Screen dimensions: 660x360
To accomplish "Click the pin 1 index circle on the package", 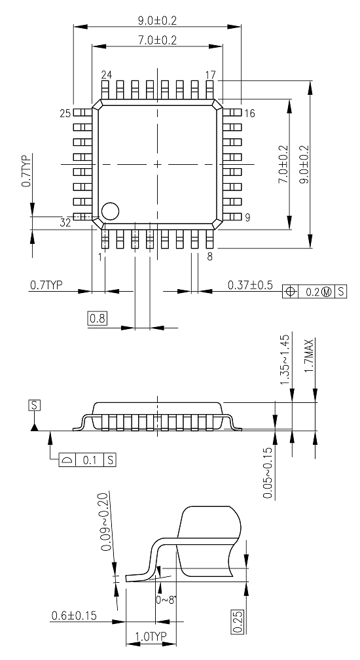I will [109, 211].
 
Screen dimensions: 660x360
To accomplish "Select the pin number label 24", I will [106, 75].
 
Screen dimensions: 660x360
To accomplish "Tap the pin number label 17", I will [209, 75].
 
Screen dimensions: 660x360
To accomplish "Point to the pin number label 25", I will [65, 114].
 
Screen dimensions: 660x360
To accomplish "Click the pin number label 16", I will [249, 113].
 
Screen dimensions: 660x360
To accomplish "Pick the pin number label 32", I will [65, 223].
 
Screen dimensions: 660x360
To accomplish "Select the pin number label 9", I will [248, 218].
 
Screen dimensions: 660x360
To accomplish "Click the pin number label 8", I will [209, 256].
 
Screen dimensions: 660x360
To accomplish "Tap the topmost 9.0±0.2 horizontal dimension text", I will [157, 21].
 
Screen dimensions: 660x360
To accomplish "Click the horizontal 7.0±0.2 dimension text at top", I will [157, 40].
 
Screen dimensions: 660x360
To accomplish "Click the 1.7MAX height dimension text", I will [315, 355].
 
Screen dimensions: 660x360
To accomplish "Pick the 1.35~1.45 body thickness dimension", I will [285, 360].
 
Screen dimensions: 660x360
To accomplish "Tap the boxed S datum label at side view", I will [33, 406].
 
